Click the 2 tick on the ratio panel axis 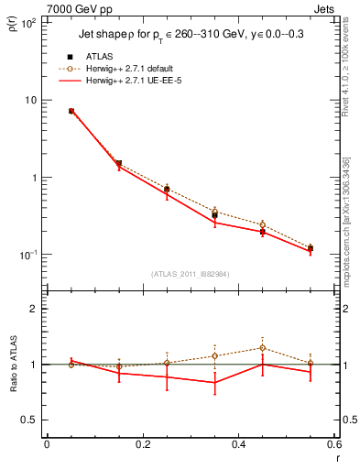pos(33,309)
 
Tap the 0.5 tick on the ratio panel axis pos(29,420)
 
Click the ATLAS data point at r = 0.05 pos(71,111)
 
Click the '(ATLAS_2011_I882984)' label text pos(190,273)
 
